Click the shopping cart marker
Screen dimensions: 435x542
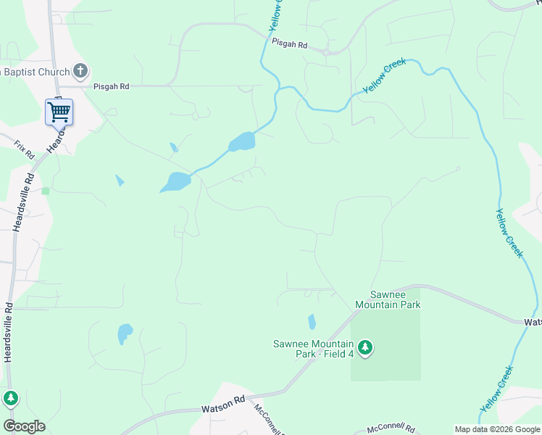pyautogui.click(x=59, y=112)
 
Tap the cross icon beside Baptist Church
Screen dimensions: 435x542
pyautogui.click(x=80, y=71)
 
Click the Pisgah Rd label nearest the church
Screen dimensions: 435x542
pyautogui.click(x=111, y=86)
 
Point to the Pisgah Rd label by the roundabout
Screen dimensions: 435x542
pyautogui.click(x=290, y=44)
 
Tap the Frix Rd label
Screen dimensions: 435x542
pyautogui.click(x=25, y=150)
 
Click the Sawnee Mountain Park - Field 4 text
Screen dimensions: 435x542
pyautogui.click(x=313, y=349)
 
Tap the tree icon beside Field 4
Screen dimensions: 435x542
pyautogui.click(x=366, y=348)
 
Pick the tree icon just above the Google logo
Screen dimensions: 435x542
pyautogui.click(x=11, y=398)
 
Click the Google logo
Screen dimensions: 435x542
pyautogui.click(x=24, y=426)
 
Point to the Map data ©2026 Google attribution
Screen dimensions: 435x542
pyautogui.click(x=497, y=429)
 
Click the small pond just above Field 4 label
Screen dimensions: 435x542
pyautogui.click(x=312, y=321)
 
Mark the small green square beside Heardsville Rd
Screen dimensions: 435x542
pyautogui.click(x=46, y=191)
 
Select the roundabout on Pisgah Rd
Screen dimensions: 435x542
pyautogui.click(x=328, y=51)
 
